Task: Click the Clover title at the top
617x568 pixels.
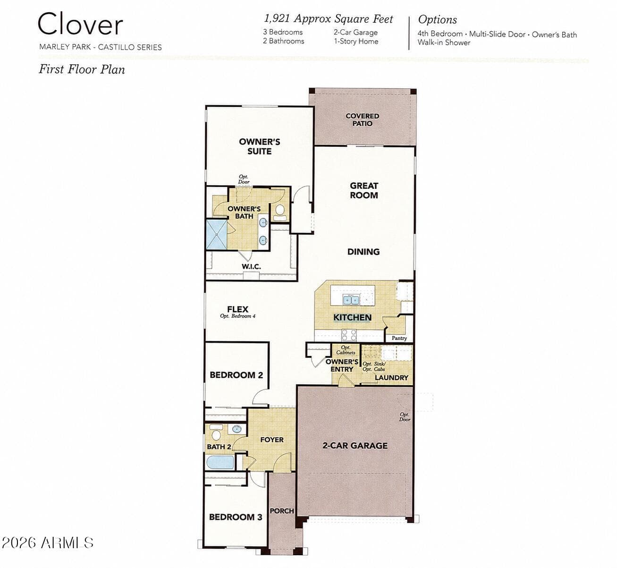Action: (80, 24)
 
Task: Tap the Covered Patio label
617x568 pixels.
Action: (363, 120)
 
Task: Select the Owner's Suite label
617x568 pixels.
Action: (259, 146)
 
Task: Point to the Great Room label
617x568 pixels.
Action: (364, 190)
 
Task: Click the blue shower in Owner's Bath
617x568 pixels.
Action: (217, 235)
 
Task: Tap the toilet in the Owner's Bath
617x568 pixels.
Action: (279, 212)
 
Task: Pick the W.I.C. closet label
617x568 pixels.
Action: (251, 266)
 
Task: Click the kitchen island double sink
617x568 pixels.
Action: (351, 299)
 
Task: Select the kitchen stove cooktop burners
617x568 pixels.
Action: (349, 335)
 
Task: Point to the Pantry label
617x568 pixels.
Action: (399, 338)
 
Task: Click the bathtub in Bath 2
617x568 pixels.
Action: (220, 462)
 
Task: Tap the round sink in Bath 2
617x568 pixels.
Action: (237, 429)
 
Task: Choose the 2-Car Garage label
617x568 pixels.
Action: (355, 446)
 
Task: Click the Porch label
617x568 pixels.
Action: (282, 511)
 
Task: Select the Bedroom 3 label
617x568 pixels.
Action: (236, 517)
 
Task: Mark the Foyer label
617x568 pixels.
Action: (272, 440)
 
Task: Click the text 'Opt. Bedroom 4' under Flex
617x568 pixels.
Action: (237, 316)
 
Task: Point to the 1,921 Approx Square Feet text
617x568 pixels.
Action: (329, 19)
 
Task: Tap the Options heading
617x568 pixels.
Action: (437, 20)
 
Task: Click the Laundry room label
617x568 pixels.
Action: (391, 378)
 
